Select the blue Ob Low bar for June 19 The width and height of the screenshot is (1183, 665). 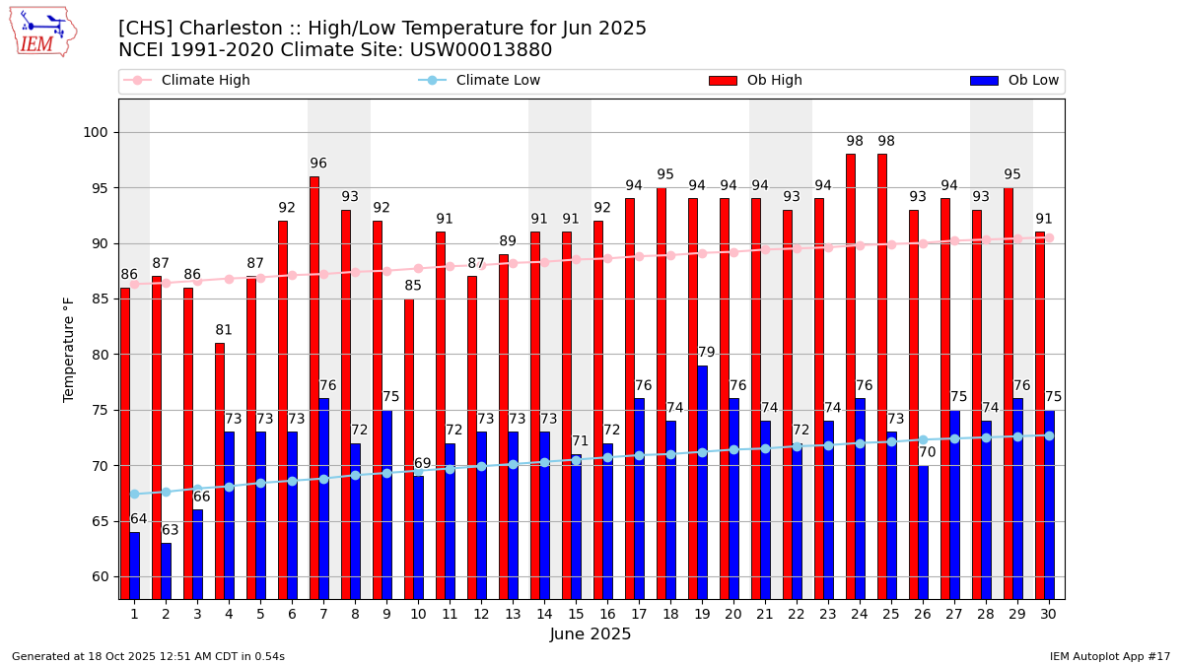pyautogui.click(x=703, y=482)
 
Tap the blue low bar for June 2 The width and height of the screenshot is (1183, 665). pyautogui.click(x=167, y=570)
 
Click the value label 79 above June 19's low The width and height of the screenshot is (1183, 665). pyautogui.click(x=706, y=353)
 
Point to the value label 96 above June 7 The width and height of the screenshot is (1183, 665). pyautogui.click(x=318, y=164)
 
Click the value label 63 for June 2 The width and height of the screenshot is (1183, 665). pyautogui.click(x=171, y=530)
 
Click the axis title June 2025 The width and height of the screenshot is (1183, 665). pyautogui.click(x=591, y=634)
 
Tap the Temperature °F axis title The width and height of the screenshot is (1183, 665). pyautogui.click(x=69, y=350)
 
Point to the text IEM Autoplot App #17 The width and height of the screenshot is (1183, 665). pyautogui.click(x=1109, y=656)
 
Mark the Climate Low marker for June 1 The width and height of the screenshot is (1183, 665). pyautogui.click(x=134, y=494)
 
